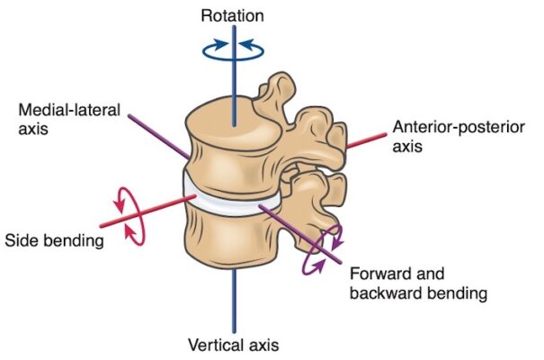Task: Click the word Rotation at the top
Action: click(x=233, y=14)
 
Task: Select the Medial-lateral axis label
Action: click(x=60, y=118)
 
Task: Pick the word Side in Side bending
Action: click(x=22, y=240)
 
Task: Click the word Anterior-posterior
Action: click(x=459, y=126)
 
